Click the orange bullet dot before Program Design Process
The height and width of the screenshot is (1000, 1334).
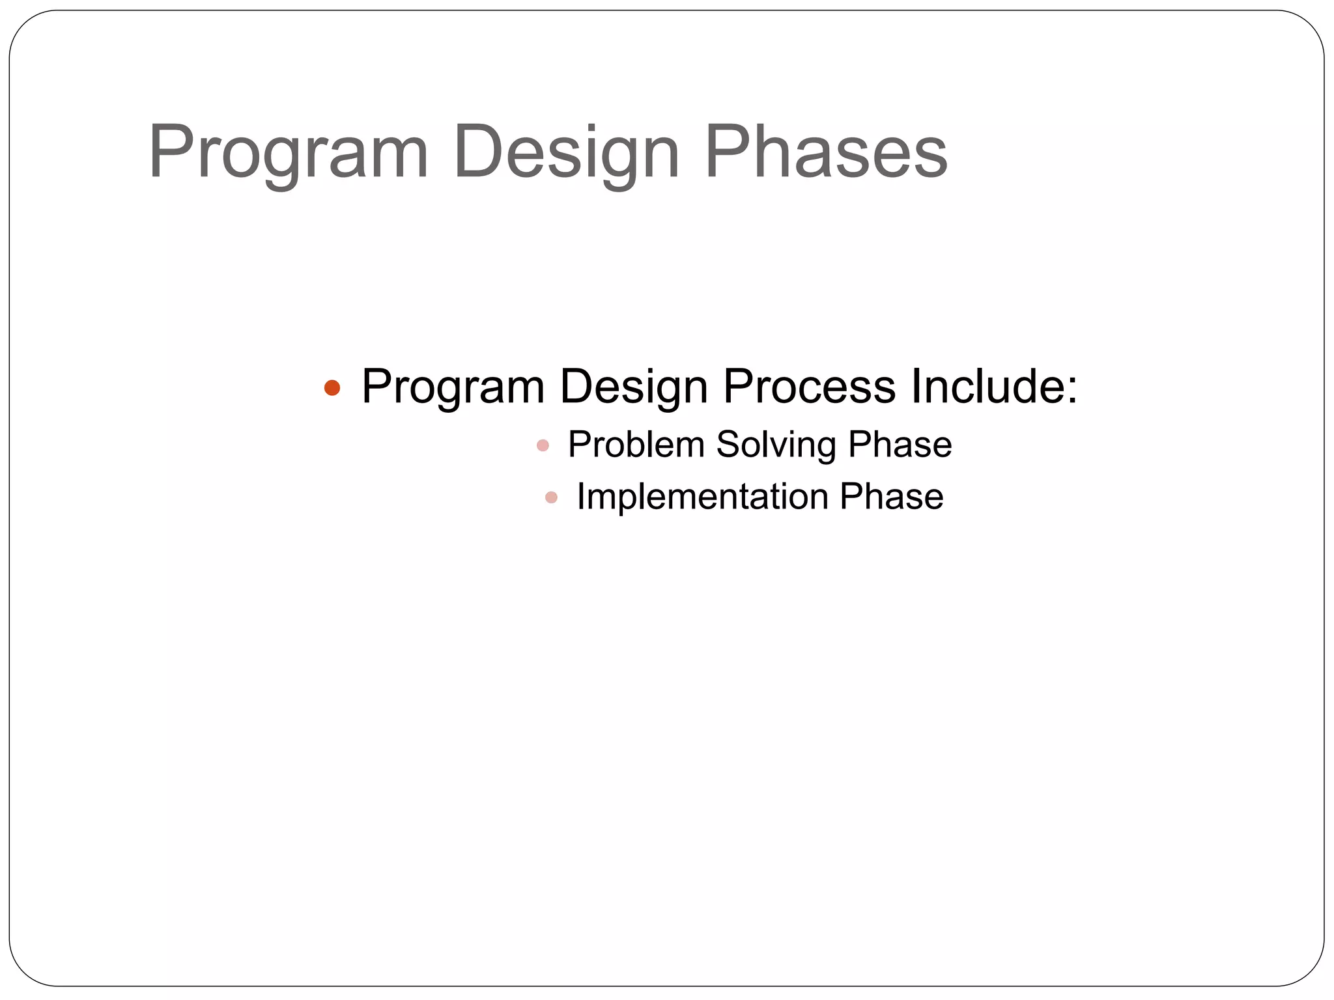click(332, 388)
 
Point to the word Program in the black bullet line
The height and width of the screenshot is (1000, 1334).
click(453, 387)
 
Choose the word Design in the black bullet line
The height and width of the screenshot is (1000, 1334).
click(633, 387)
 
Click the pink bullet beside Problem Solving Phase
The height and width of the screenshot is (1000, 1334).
click(543, 446)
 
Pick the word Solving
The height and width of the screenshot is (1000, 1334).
click(776, 445)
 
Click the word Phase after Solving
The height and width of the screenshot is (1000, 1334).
click(900, 445)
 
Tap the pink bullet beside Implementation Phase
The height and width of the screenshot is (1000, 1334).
click(551, 498)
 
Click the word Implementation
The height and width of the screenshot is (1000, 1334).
click(702, 497)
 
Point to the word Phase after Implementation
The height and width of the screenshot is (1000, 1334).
click(891, 497)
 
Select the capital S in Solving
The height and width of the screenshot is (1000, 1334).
click(728, 445)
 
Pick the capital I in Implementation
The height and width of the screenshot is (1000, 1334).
click(581, 497)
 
